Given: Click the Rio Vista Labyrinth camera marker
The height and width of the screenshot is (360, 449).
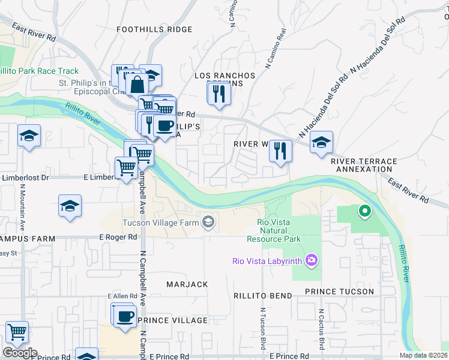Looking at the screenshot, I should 312,260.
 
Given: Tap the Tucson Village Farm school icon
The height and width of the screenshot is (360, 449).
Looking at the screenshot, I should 208,223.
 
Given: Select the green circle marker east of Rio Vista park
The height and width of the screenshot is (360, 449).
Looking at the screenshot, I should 364,211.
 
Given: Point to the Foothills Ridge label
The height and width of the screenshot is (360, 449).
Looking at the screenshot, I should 154,29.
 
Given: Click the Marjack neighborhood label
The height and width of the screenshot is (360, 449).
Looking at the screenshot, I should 188,284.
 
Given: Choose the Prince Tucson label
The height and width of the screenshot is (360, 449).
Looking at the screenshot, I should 339,292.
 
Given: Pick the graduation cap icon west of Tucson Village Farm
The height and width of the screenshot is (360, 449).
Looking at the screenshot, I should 70,206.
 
